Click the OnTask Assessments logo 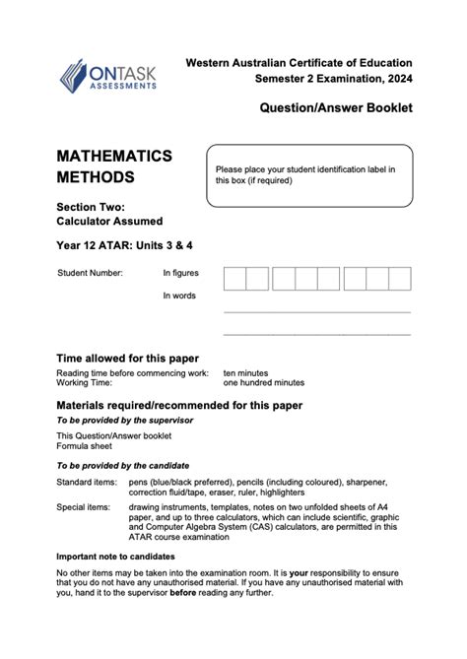106,74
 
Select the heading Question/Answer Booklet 336,107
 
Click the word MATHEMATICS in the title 114,157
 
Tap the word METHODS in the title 96,178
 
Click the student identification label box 307,175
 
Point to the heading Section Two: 91,206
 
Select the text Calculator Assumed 109,222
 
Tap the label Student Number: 91,272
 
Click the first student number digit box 234,279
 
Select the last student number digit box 399,279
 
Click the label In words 179,296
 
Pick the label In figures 180,272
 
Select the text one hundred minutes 264,382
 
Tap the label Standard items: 86,482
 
